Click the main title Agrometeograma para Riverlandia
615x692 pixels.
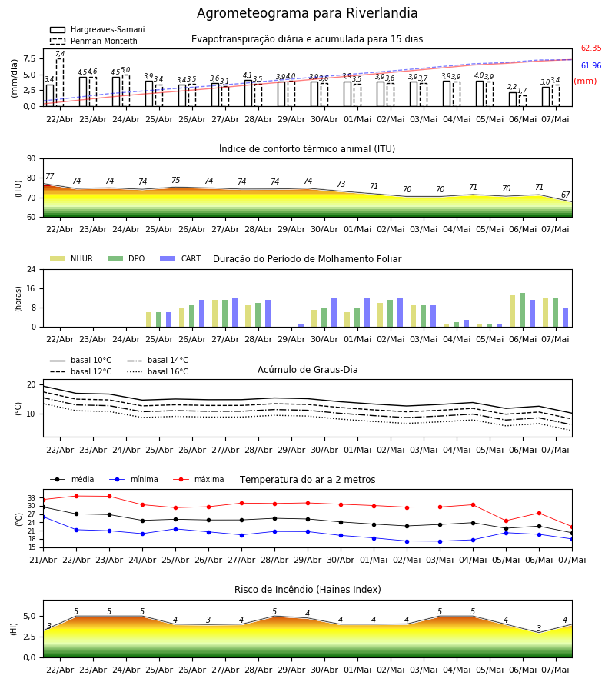click(307, 13)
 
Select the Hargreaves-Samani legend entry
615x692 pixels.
click(98, 29)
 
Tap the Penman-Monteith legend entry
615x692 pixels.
click(94, 41)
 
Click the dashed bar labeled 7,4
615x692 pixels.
click(60, 82)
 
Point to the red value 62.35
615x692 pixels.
click(591, 48)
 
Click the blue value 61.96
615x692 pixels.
click(591, 66)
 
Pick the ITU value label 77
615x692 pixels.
click(50, 176)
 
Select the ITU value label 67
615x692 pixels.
click(565, 195)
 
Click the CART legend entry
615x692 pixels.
click(181, 258)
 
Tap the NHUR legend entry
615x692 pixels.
click(71, 258)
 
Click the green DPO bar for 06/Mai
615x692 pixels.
click(522, 310)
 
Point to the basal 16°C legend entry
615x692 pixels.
click(158, 371)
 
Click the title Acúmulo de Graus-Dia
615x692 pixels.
click(307, 370)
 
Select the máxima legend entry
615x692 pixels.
click(198, 479)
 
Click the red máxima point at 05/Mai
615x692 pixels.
click(506, 521)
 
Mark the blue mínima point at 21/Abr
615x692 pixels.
click(43, 517)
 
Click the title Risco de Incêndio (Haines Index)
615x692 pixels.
click(307, 590)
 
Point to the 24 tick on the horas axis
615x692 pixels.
click(32, 269)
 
